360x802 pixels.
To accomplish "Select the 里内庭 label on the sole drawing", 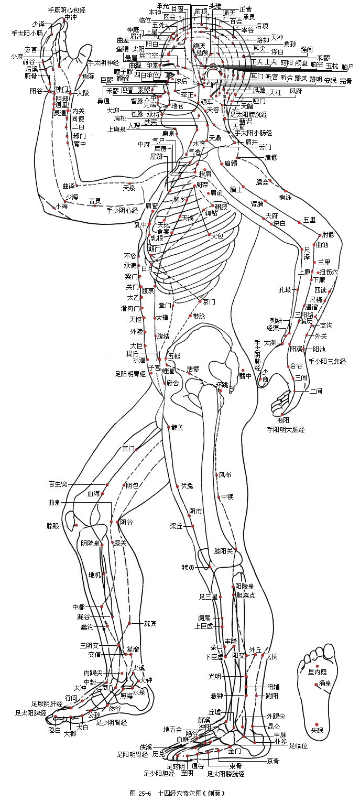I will (318, 672).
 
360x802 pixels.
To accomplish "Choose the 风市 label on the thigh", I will (225, 475).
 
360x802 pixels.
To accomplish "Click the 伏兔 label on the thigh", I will (187, 485).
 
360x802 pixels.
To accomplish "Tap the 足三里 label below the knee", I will (208, 597).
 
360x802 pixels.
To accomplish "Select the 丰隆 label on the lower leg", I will (231, 641).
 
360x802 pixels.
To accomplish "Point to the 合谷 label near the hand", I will (297, 365).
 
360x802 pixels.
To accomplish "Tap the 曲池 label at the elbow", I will (323, 245).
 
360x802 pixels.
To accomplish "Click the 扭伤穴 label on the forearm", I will (329, 272).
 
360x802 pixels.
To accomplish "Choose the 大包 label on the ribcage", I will (217, 236).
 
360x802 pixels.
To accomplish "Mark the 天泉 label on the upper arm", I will (129, 187).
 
